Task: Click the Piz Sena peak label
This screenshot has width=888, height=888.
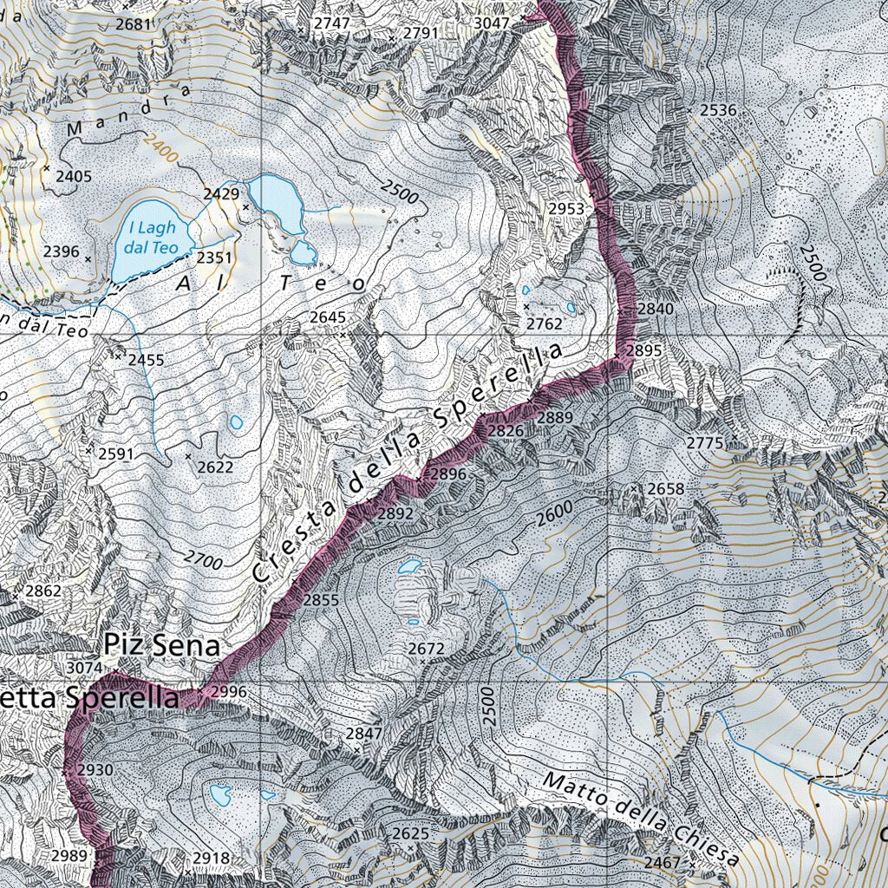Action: [161, 645]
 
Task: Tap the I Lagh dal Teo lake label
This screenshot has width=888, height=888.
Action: [152, 238]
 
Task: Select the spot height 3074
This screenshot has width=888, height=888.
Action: [84, 668]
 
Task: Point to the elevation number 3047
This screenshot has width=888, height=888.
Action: [492, 23]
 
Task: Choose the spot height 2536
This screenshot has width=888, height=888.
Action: [717, 110]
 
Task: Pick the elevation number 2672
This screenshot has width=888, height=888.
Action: [426, 649]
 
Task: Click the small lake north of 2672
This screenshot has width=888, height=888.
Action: [408, 567]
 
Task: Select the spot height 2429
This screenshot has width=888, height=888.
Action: [221, 193]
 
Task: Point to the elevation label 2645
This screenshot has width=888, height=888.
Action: [328, 318]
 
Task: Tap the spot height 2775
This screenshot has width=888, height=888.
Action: [704, 443]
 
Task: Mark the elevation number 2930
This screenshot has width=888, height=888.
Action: [95, 770]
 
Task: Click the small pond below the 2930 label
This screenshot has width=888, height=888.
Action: [219, 793]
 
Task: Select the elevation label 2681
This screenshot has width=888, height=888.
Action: [134, 23]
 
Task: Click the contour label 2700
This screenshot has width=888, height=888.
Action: [204, 561]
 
